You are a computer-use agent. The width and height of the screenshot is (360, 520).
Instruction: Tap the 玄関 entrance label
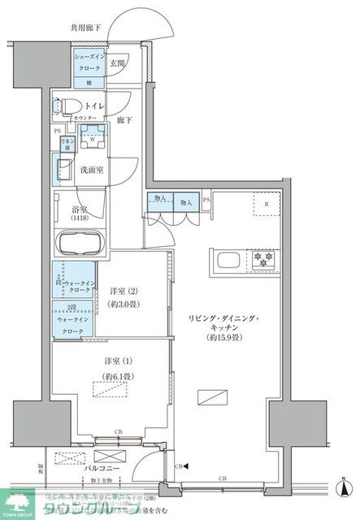coord(117,63)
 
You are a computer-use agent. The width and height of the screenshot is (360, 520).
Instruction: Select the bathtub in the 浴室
coord(80,243)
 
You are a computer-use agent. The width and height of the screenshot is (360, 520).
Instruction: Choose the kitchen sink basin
coord(227,261)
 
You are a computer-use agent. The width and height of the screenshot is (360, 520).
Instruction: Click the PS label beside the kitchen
coord(206,200)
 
